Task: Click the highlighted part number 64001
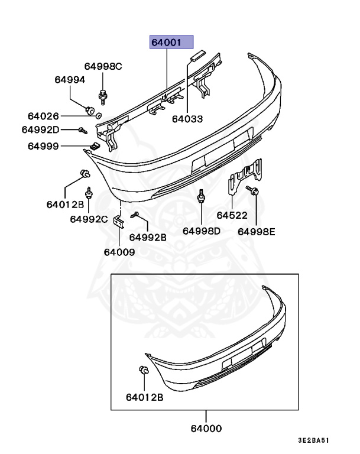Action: [171, 43]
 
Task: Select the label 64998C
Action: [102, 66]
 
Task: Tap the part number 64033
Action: [187, 119]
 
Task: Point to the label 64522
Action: [232, 216]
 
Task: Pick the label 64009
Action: [119, 251]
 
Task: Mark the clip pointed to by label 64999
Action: [93, 145]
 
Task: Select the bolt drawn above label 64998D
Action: [201, 196]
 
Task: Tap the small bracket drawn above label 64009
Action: [118, 223]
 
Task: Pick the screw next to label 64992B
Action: [135, 215]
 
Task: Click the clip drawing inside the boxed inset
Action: [142, 371]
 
